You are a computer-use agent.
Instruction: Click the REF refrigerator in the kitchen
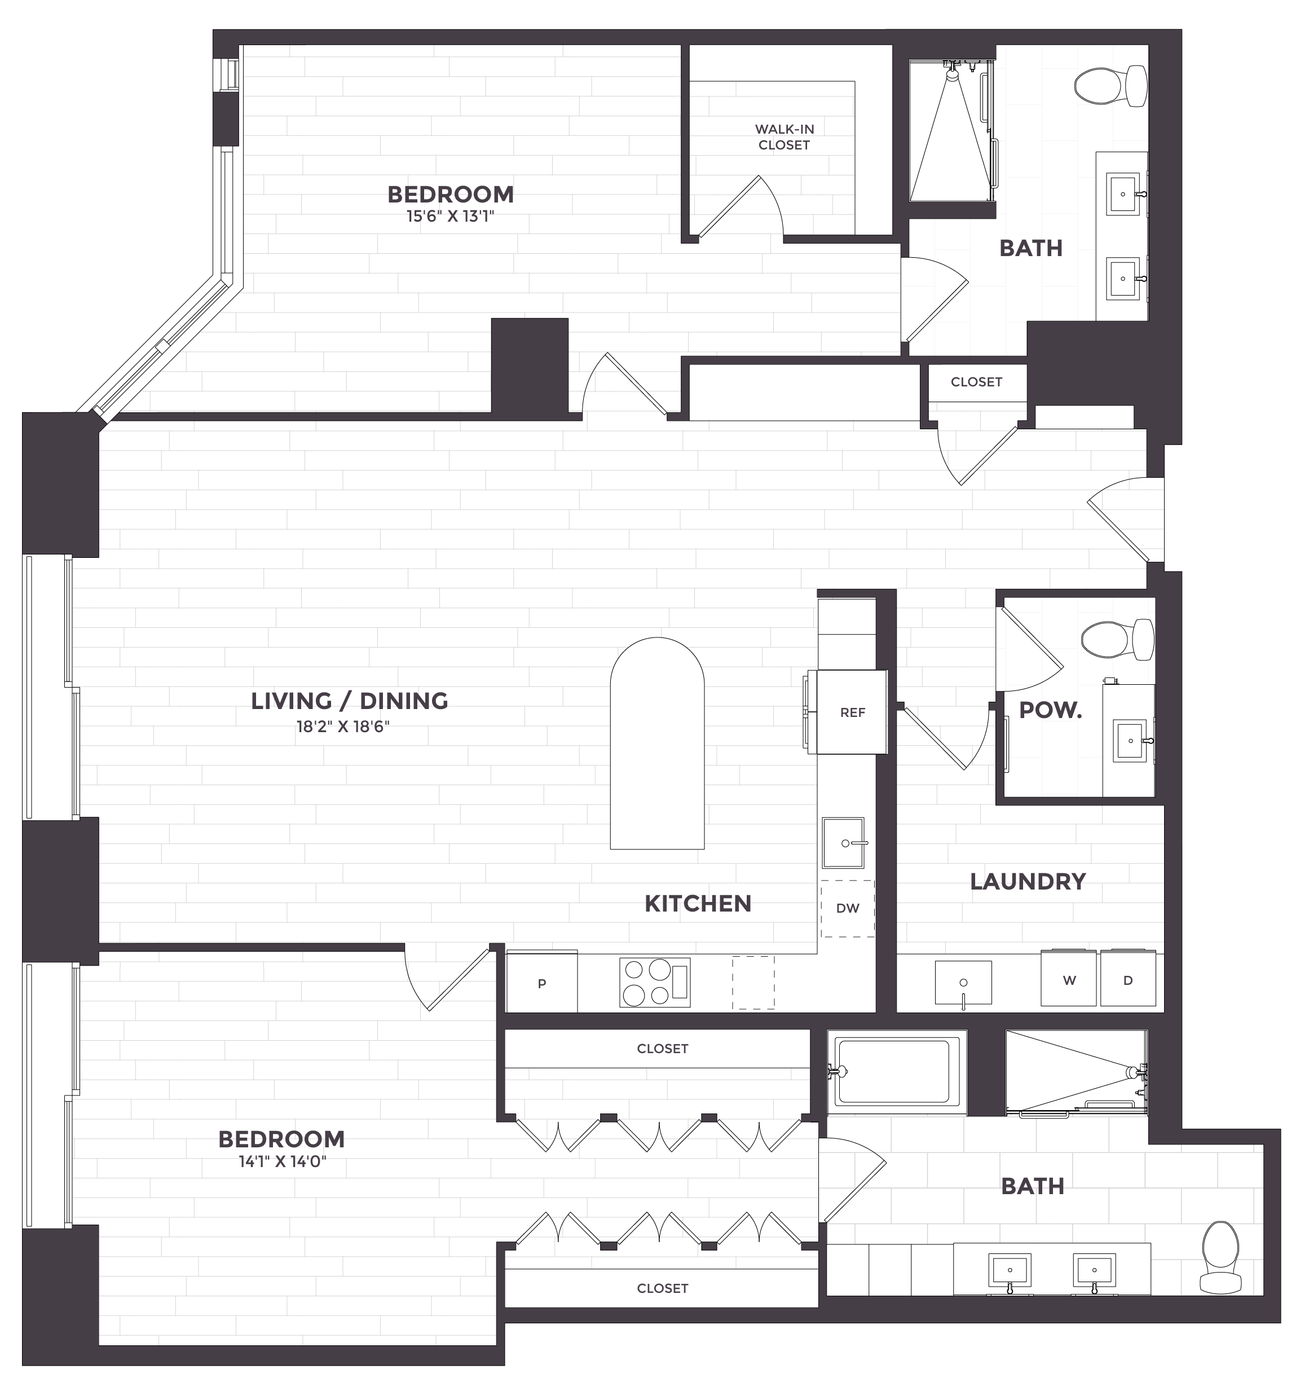(x=852, y=712)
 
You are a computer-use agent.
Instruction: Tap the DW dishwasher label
(x=848, y=908)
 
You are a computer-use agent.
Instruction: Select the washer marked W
(x=1069, y=978)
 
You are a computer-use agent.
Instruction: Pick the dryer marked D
(x=1127, y=978)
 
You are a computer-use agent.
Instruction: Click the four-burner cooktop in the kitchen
(x=655, y=982)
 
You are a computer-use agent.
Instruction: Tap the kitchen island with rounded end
(x=657, y=743)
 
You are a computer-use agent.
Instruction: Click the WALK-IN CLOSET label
(x=784, y=137)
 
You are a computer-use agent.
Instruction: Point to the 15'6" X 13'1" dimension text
(x=451, y=216)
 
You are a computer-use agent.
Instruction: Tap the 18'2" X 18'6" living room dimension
(x=343, y=727)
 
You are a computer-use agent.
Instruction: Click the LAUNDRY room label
(x=1028, y=882)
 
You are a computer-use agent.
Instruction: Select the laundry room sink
(x=963, y=982)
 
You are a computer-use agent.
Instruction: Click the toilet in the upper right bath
(x=1110, y=86)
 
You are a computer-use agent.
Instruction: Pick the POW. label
(x=1050, y=710)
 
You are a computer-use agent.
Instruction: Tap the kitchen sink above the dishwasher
(x=843, y=843)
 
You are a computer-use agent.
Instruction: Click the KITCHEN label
(x=698, y=904)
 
